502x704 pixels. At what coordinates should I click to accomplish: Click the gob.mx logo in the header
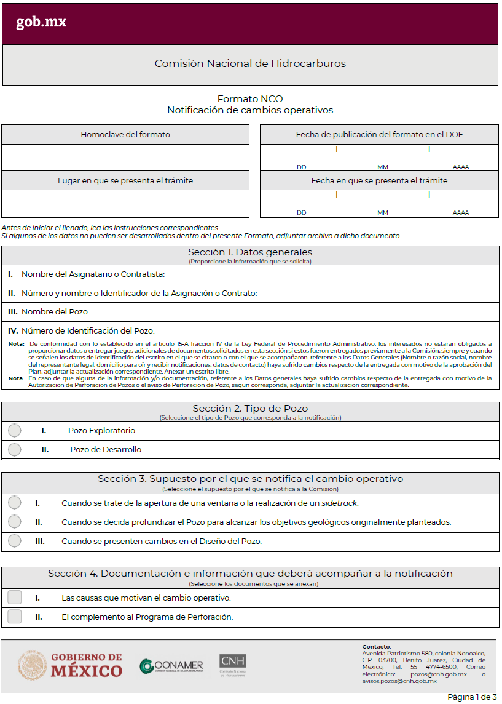pos(41,22)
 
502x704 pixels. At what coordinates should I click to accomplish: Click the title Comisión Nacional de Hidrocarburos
pos(250,63)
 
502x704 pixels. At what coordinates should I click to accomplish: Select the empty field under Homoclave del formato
pos(125,158)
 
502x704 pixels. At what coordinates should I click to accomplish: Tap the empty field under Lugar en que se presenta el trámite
pos(125,204)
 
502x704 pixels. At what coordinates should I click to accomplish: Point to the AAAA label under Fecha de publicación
pos(461,167)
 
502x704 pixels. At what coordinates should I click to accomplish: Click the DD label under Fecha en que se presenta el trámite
pos(302,213)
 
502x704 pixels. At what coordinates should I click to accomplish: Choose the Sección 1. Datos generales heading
pos(250,252)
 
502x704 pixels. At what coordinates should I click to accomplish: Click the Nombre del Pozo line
pos(55,313)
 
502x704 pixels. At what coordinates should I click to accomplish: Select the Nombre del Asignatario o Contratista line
pos(93,274)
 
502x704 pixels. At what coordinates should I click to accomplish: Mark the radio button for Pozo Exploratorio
pos(15,431)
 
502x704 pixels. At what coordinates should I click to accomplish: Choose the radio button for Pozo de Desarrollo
pos(15,450)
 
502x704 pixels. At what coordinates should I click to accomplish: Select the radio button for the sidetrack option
pos(15,503)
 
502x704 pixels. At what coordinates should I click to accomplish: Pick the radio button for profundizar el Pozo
pos(15,522)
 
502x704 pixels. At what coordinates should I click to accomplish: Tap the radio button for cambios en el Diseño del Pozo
pos(15,542)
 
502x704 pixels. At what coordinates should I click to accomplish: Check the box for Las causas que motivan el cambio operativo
pos(15,598)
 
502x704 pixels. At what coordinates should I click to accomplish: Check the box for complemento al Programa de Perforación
pos(15,617)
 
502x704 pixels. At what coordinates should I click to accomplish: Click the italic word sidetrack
pos(339,503)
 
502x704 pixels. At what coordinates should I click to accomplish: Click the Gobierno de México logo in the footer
pos(70,665)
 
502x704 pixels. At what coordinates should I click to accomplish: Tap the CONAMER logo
pos(171,666)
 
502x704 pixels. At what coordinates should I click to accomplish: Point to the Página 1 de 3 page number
pos(472,697)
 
